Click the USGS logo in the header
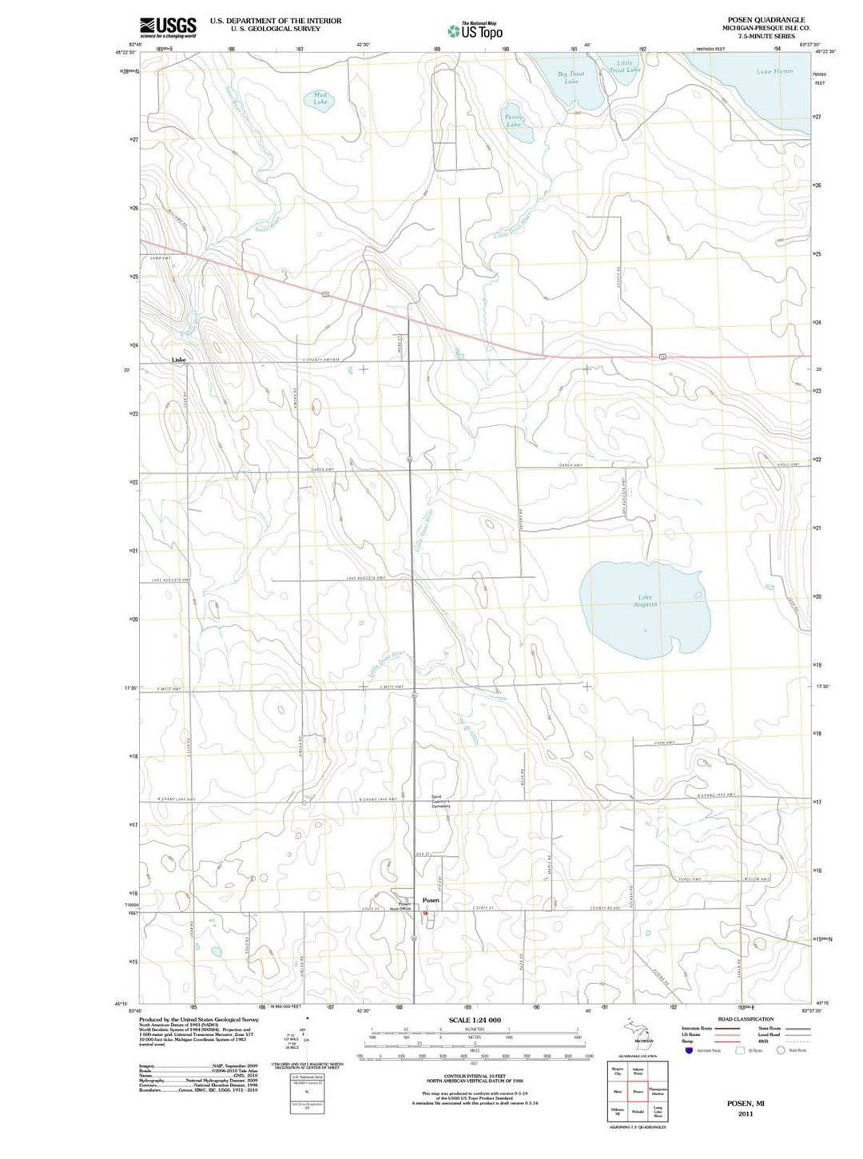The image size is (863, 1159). point(168,28)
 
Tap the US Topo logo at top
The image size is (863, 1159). point(475,31)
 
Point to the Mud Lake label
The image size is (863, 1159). point(320,98)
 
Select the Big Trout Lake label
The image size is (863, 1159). point(571,78)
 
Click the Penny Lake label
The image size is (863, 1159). point(513,121)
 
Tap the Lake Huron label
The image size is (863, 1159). point(774,71)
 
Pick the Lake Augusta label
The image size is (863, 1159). point(646,600)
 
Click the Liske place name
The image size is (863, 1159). point(179,360)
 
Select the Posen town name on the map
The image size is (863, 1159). point(431,900)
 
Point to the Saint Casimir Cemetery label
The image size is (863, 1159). point(441,801)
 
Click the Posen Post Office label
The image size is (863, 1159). point(400,906)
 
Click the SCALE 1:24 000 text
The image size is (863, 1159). point(475,1020)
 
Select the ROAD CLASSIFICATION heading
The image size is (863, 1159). point(746,1019)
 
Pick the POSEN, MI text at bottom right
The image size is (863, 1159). point(745,1102)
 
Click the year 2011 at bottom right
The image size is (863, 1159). point(745,1113)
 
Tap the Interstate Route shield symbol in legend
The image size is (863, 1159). point(689,1049)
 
